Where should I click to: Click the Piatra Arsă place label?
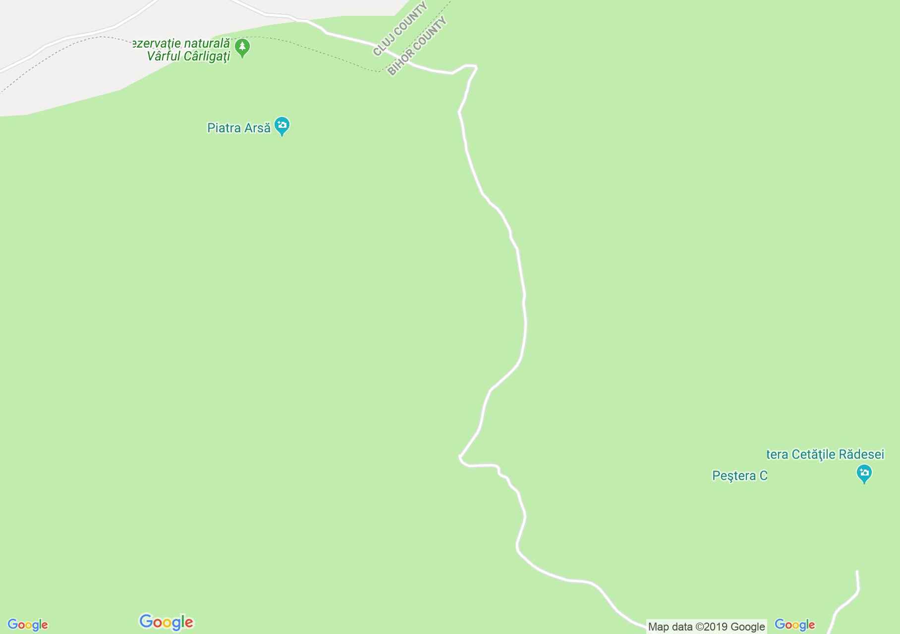[239, 128]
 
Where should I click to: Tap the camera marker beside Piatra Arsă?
[282, 126]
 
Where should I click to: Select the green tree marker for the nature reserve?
[242, 48]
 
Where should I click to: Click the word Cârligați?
[207, 56]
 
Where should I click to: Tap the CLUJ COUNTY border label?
[400, 29]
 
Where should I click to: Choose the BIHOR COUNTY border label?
[417, 47]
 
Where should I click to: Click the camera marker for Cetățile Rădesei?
[864, 473]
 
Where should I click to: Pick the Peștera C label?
[739, 476]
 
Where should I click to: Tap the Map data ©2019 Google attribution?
[706, 627]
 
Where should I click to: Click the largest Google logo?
[167, 622]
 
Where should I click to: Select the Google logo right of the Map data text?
[794, 625]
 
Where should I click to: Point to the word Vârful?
[164, 56]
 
